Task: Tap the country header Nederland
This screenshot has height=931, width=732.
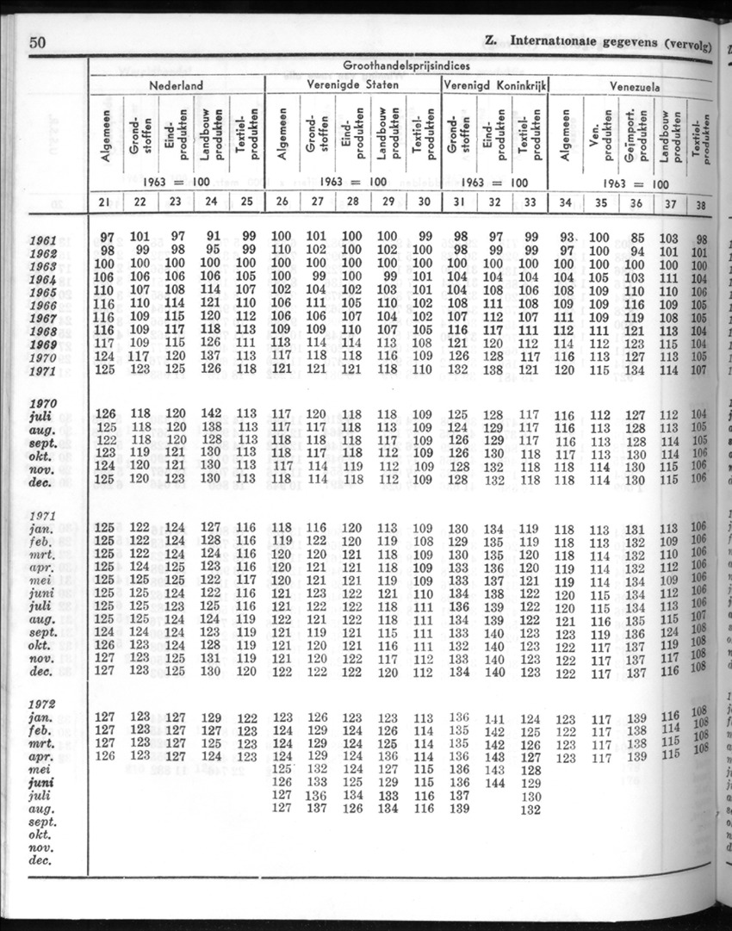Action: pyautogui.click(x=176, y=86)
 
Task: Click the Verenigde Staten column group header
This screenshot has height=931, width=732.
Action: pyautogui.click(x=353, y=86)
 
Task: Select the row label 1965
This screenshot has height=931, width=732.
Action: pyautogui.click(x=42, y=292)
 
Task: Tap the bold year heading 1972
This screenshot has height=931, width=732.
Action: pyautogui.click(x=43, y=704)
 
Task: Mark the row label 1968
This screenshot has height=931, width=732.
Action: pyautogui.click(x=42, y=332)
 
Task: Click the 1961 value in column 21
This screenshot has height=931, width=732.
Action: pyautogui.click(x=108, y=237)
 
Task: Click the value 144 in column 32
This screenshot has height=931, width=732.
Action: pyautogui.click(x=495, y=783)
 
